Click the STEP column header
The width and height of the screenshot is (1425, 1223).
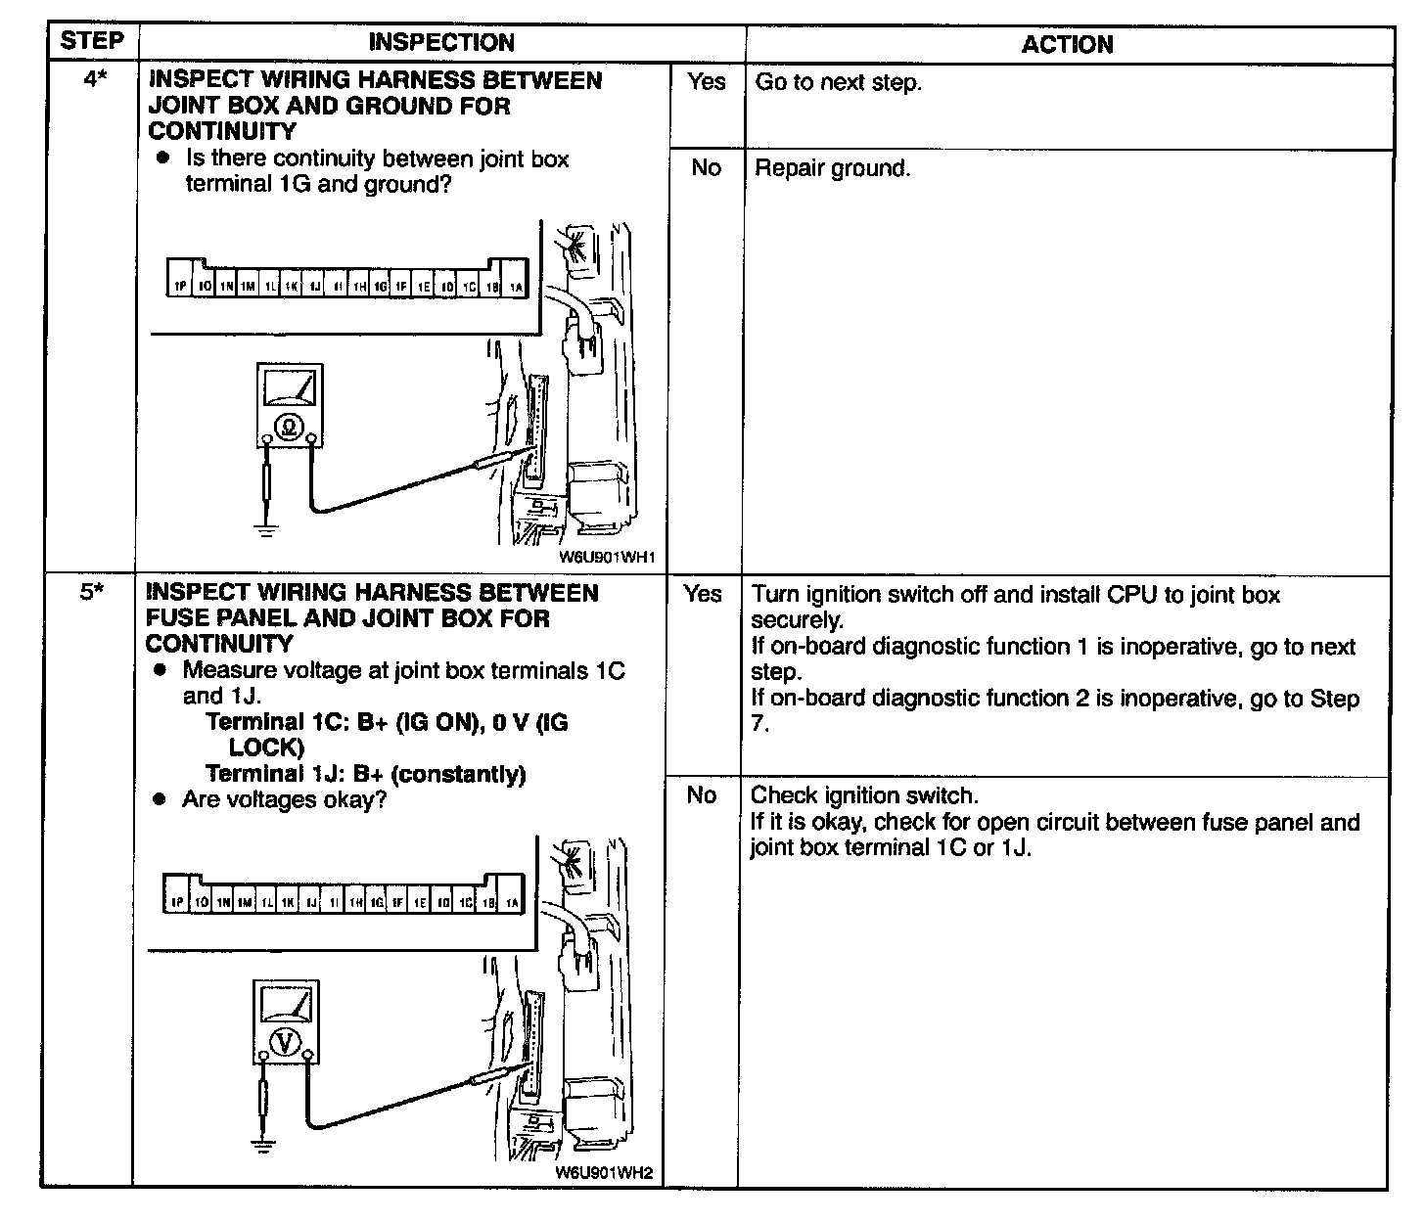coord(92,41)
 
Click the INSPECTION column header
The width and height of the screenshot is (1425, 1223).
coord(440,42)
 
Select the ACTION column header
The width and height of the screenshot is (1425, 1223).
coord(1067,44)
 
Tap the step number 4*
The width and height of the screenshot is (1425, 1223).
coord(93,80)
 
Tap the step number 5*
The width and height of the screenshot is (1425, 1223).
coord(91,593)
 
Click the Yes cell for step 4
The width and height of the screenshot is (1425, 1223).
coord(706,82)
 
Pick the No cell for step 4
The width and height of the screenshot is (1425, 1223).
coord(706,168)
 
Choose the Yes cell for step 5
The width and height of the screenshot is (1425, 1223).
coord(703,594)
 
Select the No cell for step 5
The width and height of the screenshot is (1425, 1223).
coord(702,795)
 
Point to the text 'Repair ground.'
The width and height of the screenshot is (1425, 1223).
coord(832,168)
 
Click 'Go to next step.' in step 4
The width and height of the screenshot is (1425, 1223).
coord(838,82)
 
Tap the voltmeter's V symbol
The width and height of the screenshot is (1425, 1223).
coord(285,1043)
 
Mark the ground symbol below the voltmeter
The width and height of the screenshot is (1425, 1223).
coord(261,1144)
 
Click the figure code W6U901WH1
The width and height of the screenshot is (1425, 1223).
coord(606,558)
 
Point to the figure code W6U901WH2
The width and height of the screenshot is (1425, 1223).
coord(603,1173)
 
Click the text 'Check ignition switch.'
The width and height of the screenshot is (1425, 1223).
coord(864,795)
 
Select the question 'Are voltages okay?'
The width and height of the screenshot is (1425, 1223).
coord(284,799)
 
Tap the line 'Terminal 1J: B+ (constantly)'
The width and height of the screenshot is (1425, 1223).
coord(366,774)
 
